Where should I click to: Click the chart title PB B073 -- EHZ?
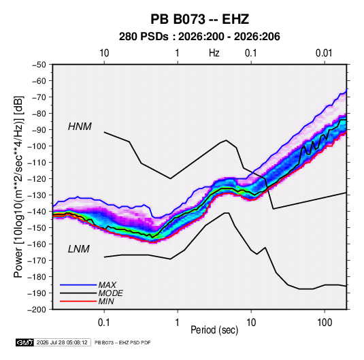[199, 19]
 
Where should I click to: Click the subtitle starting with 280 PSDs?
[199, 37]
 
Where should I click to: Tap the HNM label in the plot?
[80, 127]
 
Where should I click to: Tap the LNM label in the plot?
[79, 249]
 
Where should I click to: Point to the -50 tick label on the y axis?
[39, 65]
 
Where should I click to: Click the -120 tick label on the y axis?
[37, 179]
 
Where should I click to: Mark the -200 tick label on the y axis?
[37, 310]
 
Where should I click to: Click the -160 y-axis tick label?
[37, 244]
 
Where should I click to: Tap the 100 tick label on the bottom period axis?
[325, 323]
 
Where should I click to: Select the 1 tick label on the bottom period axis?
[178, 323]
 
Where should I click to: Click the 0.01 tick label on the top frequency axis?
[324, 53]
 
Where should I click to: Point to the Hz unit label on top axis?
[214, 53]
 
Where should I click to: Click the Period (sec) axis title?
[214, 330]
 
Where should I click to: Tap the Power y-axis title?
[18, 186]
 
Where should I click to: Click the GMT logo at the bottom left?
[24, 342]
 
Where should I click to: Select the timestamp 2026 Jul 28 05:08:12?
[62, 342]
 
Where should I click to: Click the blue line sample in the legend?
[78, 284]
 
